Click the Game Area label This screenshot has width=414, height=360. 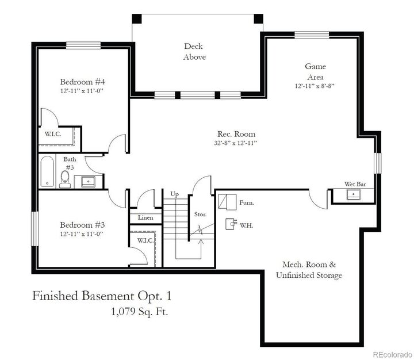click(x=315, y=71)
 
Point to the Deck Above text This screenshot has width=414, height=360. click(x=194, y=51)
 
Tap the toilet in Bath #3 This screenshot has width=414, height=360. click(x=66, y=178)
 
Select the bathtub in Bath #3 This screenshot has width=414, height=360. click(x=46, y=171)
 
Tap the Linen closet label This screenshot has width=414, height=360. click(x=145, y=217)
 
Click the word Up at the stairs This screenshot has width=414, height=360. click(x=175, y=194)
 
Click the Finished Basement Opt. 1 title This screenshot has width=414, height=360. click(x=101, y=296)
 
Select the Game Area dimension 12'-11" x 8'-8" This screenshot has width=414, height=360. click(x=315, y=86)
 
